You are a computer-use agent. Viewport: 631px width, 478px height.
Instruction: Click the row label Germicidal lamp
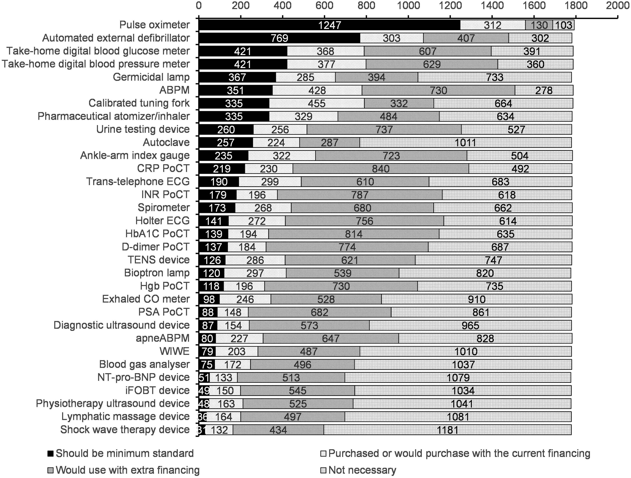[x=151, y=77]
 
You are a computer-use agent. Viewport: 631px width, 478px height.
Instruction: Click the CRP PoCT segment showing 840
[x=381, y=169]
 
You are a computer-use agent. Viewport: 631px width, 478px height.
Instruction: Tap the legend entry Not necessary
[x=362, y=470]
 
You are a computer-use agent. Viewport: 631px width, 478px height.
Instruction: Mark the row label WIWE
[x=175, y=351]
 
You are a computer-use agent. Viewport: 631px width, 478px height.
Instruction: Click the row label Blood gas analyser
[x=144, y=364]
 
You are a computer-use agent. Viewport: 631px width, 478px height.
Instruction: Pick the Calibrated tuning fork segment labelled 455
[x=317, y=103]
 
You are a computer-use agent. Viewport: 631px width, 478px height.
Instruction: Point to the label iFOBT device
[x=157, y=390]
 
